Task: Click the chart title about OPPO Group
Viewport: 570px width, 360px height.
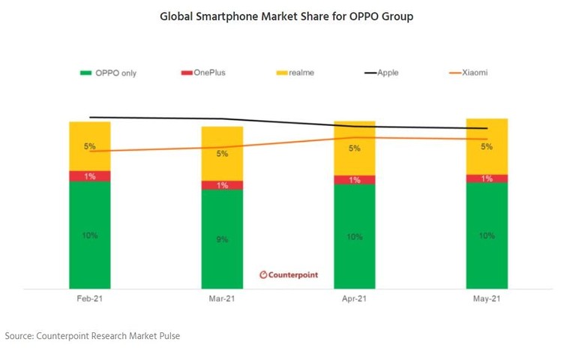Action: [286, 16]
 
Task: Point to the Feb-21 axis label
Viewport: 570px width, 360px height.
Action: [89, 298]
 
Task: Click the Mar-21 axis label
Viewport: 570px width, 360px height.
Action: [222, 298]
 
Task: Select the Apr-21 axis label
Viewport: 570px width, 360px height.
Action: [354, 298]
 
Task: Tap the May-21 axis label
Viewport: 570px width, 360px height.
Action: [487, 298]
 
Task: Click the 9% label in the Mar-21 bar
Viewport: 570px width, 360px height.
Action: [222, 239]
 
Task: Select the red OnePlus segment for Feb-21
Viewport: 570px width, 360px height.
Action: [89, 176]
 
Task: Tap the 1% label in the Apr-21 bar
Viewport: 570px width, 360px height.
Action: [354, 180]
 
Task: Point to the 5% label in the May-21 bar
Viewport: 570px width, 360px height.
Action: [487, 147]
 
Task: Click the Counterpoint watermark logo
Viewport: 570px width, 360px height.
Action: [289, 274]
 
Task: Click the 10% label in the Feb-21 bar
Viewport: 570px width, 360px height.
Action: [89, 235]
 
